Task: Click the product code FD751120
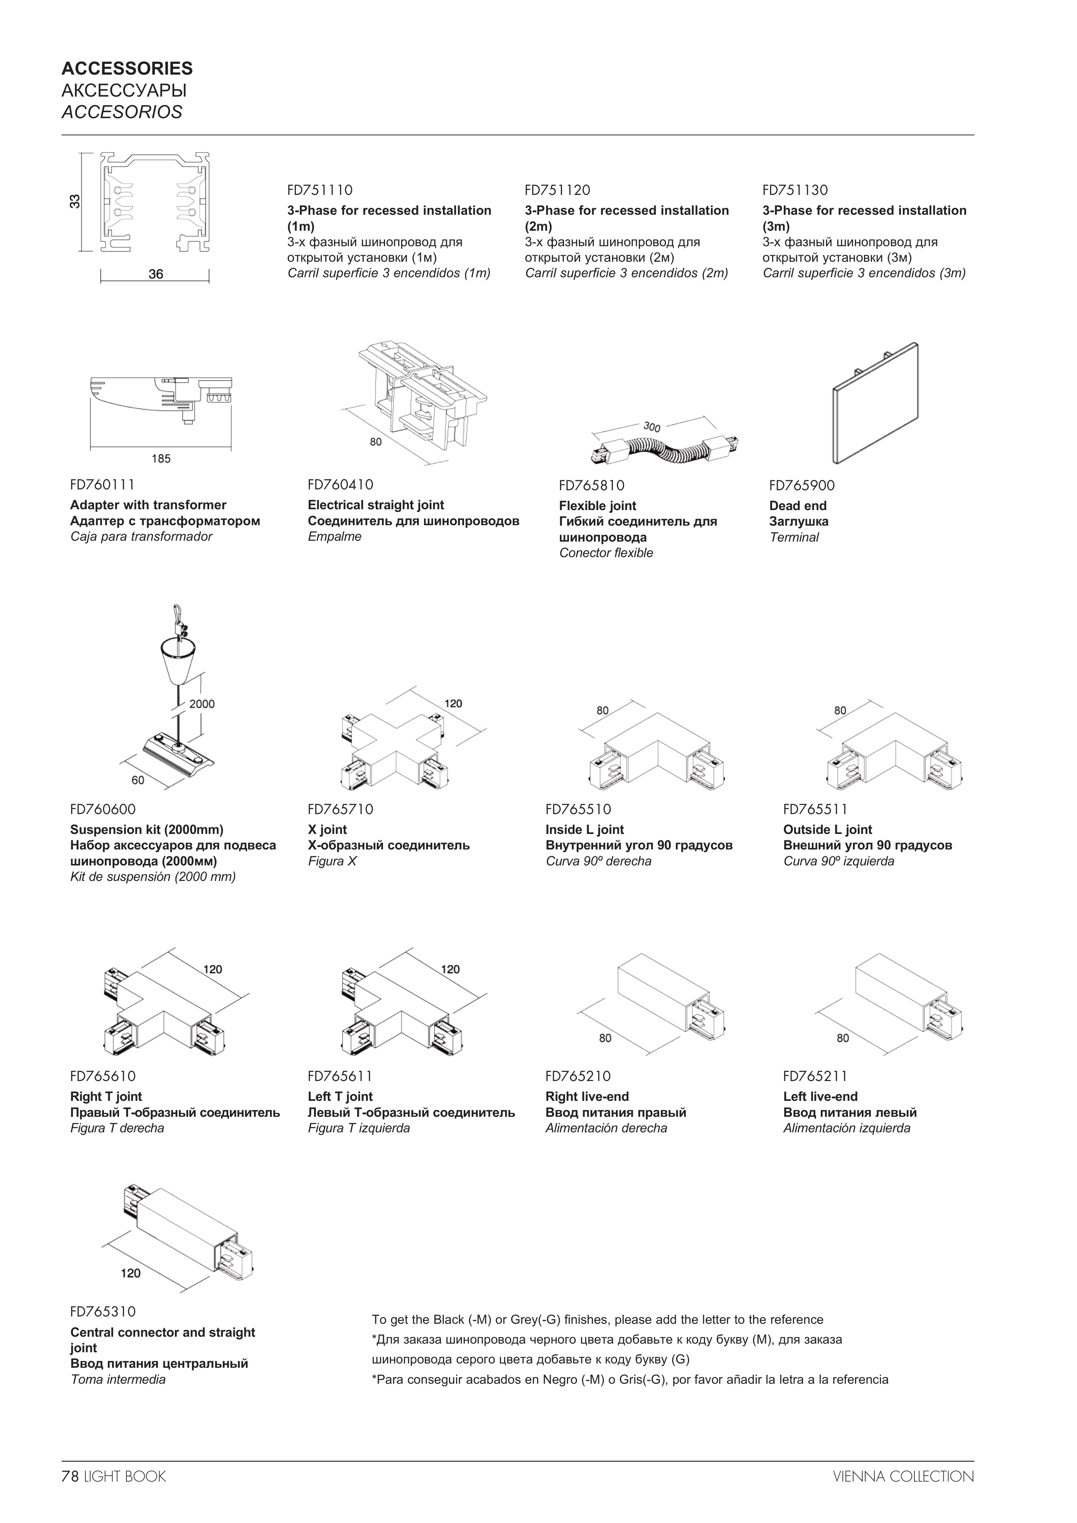click(557, 191)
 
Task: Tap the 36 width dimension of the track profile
click(156, 274)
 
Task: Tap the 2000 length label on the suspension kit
click(202, 704)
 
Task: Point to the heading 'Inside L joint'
click(584, 830)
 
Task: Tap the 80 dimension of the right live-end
click(605, 1038)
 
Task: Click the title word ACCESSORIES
click(127, 68)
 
